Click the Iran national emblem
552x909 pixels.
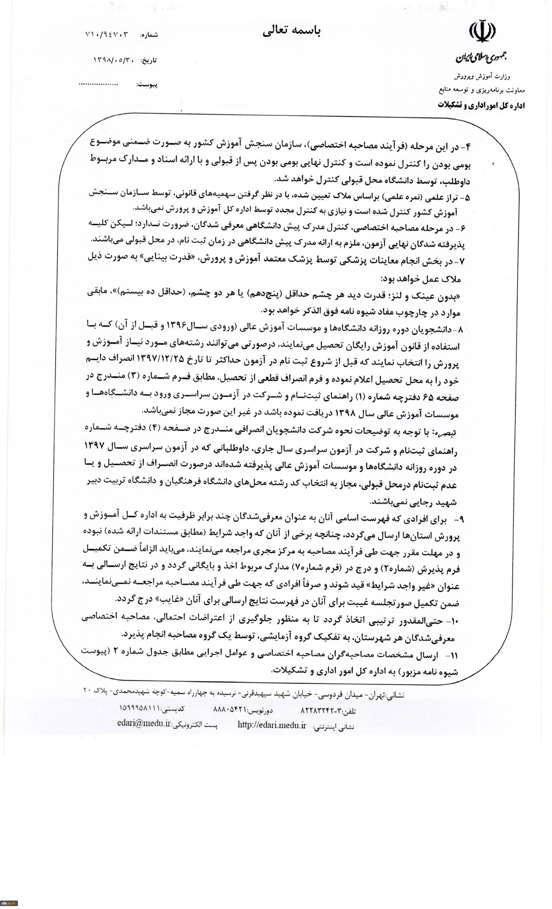pos(482,33)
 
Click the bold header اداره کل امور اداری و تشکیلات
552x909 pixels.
pos(481,106)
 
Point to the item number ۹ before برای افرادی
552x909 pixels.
pos(461,519)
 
